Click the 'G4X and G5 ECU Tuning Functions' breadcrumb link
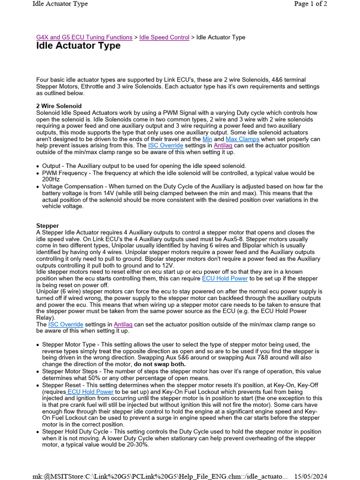pyautogui.click(x=84, y=37)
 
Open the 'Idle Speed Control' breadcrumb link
pyautogui.click(x=165, y=37)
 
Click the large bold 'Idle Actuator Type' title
pyautogui.click(x=78, y=46)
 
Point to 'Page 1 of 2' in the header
pyautogui.click(x=310, y=4)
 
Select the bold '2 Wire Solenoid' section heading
pyautogui.click(x=59, y=106)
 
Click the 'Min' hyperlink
pyautogui.click(x=208, y=139)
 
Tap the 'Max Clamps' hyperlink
pyautogui.click(x=243, y=139)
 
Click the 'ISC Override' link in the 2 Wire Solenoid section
pyautogui.click(x=166, y=146)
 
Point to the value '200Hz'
pyautogui.click(x=51, y=179)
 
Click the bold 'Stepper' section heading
pyautogui.click(x=48, y=225)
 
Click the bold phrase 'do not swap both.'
pyautogui.click(x=160, y=364)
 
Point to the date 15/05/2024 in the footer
pyautogui.click(x=310, y=476)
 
